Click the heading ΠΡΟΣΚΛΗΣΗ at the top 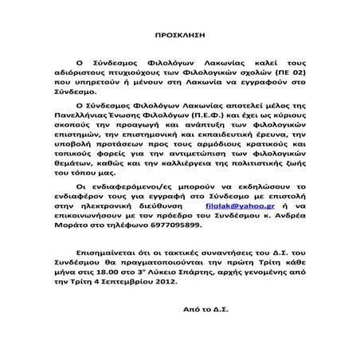click(x=179, y=37)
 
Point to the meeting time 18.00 click(x=121, y=268)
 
